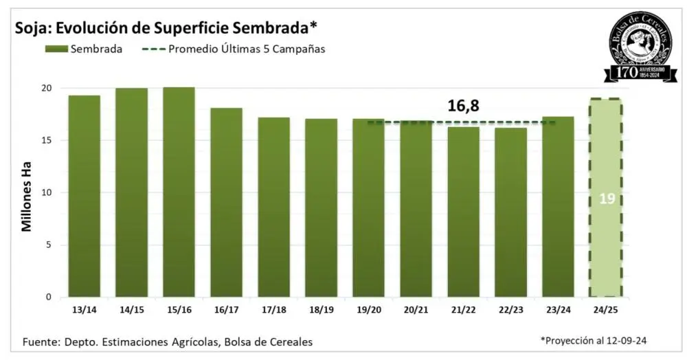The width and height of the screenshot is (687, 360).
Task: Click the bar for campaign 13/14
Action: point(84,196)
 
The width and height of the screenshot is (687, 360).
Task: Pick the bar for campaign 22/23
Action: point(510,212)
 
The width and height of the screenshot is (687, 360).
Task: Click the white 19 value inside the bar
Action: point(605,199)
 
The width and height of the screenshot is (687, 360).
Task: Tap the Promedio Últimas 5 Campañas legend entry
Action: point(234,49)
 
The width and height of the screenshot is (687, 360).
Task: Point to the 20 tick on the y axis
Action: point(46,88)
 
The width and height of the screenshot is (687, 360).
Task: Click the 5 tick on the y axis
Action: point(49,245)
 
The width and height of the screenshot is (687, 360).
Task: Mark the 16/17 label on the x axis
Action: point(226,311)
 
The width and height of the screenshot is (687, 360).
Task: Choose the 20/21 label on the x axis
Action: point(416,311)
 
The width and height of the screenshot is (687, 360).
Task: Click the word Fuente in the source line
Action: point(41,341)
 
